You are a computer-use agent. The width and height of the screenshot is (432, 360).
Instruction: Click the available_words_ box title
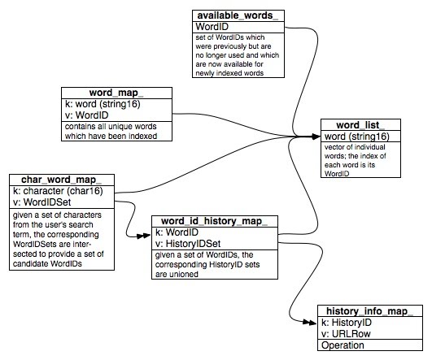click(238, 15)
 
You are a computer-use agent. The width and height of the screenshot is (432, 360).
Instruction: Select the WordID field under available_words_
click(212, 27)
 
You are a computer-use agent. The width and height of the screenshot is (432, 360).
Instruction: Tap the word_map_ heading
click(116, 93)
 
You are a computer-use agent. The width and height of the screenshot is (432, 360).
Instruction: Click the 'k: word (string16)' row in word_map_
click(103, 104)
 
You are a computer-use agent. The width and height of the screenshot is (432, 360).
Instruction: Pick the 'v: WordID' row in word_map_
click(86, 115)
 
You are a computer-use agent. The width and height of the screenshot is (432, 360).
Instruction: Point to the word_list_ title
click(360, 124)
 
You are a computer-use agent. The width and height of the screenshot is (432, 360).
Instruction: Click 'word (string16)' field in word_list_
click(357, 137)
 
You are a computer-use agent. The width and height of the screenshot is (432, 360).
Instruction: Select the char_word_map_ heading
click(62, 180)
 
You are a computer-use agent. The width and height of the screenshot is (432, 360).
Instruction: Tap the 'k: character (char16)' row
click(58, 191)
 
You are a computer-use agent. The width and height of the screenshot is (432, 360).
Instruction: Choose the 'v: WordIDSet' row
click(41, 202)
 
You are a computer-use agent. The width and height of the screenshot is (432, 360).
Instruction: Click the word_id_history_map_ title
click(214, 221)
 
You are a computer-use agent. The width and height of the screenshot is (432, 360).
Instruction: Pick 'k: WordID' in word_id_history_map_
click(177, 232)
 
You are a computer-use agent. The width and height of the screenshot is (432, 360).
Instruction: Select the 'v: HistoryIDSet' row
click(188, 244)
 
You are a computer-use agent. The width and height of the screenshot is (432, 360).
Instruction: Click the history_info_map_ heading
click(369, 311)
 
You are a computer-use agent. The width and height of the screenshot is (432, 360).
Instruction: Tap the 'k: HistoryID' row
click(347, 323)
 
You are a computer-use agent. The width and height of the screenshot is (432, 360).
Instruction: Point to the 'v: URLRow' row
click(346, 334)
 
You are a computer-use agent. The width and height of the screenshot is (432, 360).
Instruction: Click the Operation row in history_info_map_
click(343, 345)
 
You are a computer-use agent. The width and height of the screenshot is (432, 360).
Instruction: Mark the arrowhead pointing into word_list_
click(316, 137)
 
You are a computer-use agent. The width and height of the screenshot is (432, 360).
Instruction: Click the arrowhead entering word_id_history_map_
click(144, 236)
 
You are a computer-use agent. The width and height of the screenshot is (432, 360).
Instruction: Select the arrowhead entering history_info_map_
click(310, 322)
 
